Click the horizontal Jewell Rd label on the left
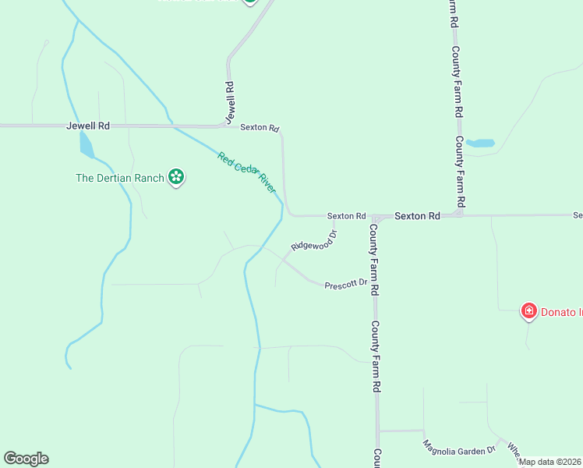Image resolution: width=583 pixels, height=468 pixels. (x=88, y=126)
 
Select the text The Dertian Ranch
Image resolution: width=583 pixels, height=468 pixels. (x=119, y=178)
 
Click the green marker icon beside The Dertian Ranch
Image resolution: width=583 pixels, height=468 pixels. (x=177, y=178)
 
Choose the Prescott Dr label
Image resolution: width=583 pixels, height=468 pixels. (x=346, y=282)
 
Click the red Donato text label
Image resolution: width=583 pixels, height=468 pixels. (x=561, y=313)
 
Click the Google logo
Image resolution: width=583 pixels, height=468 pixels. (x=26, y=459)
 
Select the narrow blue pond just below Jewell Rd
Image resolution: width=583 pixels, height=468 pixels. (x=87, y=145)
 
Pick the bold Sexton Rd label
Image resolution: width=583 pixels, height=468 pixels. (x=417, y=215)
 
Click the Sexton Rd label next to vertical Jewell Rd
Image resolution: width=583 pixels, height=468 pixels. (x=260, y=128)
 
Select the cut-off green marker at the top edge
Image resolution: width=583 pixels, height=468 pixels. (x=249, y=2)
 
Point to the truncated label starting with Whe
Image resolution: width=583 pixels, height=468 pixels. (x=513, y=450)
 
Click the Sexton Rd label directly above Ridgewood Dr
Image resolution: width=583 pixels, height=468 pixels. (x=346, y=216)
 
